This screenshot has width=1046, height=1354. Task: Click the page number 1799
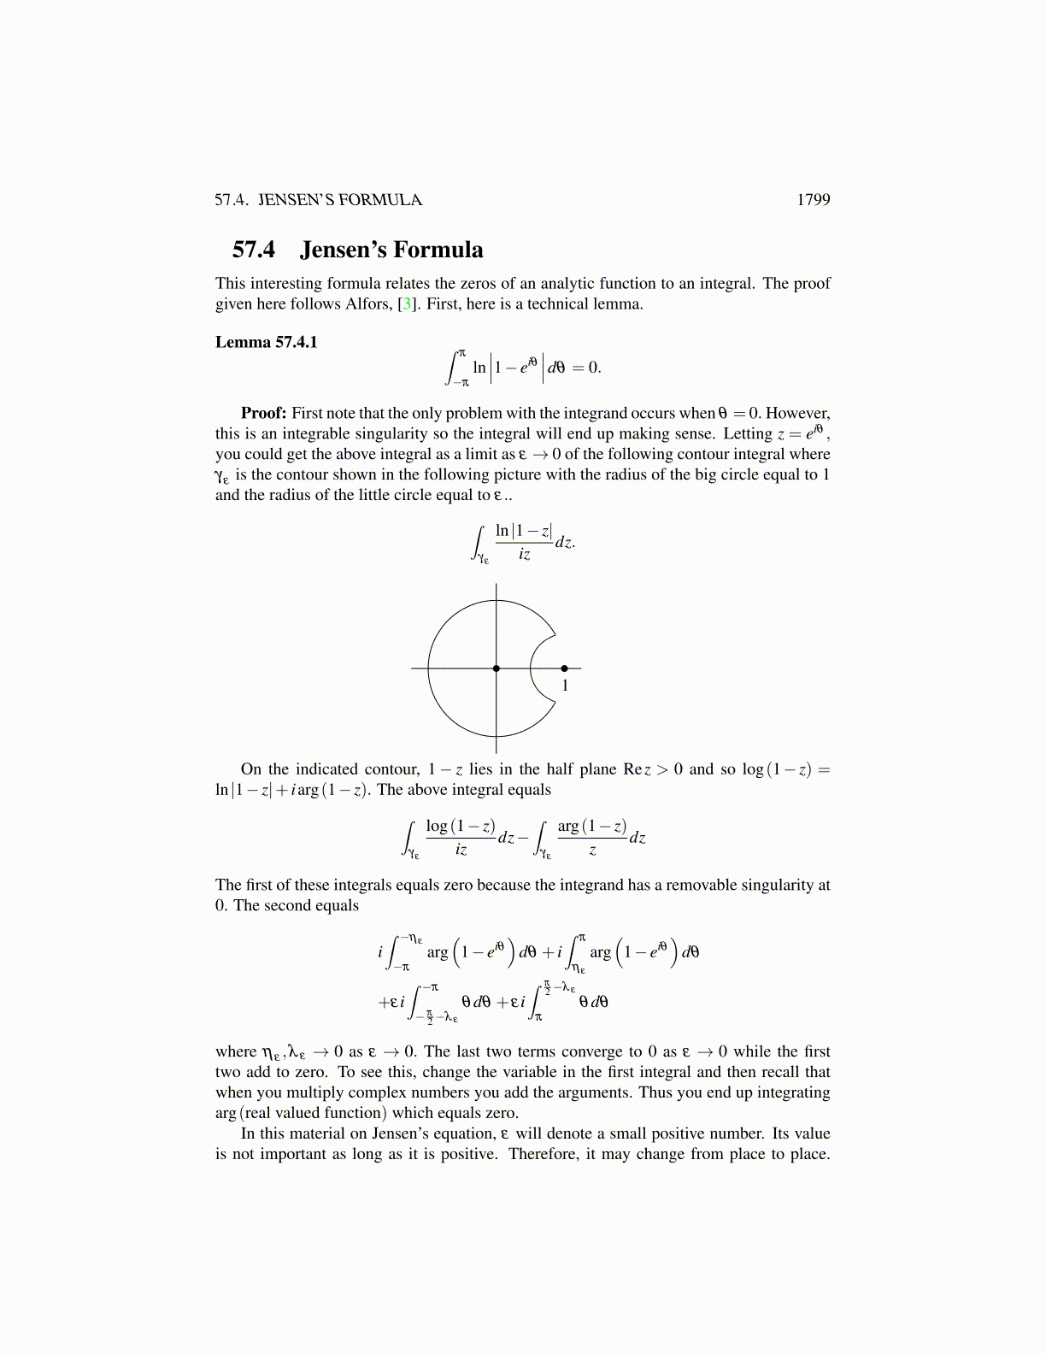[x=813, y=200]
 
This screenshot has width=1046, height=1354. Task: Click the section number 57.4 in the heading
[x=254, y=250]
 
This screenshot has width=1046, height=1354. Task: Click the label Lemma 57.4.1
[x=266, y=342]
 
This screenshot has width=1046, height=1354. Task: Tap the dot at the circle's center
[x=497, y=668]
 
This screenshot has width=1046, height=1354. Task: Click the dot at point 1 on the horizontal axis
[x=564, y=668]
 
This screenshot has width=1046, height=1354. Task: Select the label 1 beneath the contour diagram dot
[x=565, y=686]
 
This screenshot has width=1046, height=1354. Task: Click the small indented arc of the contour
[x=532, y=668]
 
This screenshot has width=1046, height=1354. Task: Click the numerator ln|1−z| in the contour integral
[x=524, y=532]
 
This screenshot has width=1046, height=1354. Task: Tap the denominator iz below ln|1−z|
[x=524, y=555]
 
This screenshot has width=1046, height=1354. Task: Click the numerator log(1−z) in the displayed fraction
[x=461, y=827]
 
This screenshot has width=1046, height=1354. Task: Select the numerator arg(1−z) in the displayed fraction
[x=592, y=827]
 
